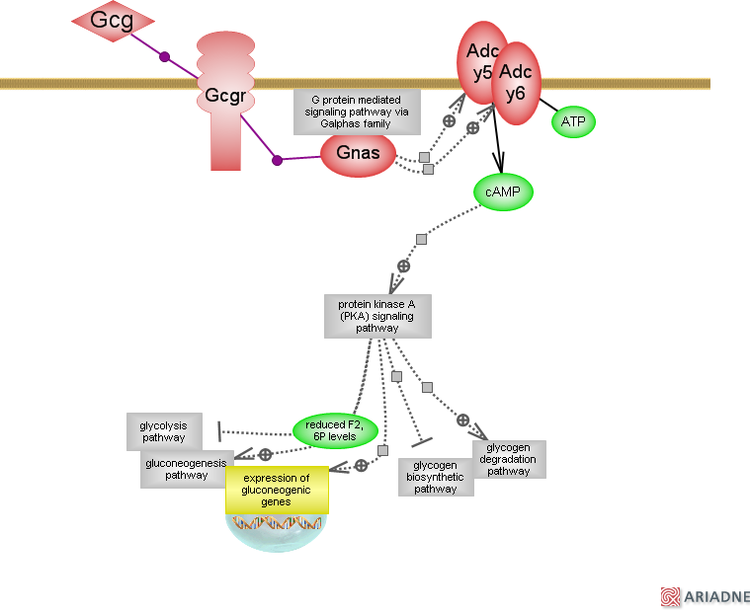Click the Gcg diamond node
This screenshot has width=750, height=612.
pos(113,22)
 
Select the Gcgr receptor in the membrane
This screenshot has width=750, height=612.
pos(226,99)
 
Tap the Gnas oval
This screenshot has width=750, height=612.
pos(358,155)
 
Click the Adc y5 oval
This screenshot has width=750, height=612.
pos(481,61)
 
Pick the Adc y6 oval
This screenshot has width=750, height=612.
pos(515,83)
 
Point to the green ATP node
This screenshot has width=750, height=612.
pos(573,121)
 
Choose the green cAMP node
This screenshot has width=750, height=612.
pos(504,191)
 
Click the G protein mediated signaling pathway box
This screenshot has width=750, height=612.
pos(358,112)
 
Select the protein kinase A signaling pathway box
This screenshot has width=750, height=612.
pos(377,316)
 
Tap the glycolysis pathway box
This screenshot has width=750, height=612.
pos(164,431)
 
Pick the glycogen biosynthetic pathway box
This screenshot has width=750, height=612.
pos(436,477)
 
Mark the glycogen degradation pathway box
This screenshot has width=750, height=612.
pos(509,459)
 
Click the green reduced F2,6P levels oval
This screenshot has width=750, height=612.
pos(336,430)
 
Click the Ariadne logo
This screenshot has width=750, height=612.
pos(705,596)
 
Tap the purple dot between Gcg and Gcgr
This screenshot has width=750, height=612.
pos(165,56)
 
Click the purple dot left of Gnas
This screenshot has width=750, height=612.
pos(277,160)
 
